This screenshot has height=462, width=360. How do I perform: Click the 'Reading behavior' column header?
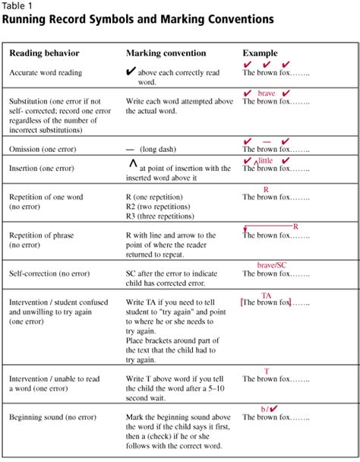point(44,53)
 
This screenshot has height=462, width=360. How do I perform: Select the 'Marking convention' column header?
point(165,53)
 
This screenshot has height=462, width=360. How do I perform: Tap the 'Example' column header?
point(259,53)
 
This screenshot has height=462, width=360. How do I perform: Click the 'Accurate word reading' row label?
point(47,73)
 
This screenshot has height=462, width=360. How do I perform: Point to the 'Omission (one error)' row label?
point(45,149)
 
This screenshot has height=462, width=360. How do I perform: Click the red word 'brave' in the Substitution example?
point(267,93)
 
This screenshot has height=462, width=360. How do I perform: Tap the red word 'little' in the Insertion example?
point(265,161)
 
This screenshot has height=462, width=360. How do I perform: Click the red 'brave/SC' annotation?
point(272,264)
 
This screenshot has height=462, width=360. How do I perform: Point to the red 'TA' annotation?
point(267,296)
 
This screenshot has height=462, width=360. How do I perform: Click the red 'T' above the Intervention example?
point(267,372)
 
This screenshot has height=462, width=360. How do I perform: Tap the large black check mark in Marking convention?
point(131,72)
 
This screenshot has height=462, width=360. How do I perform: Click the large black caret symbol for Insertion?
point(132,163)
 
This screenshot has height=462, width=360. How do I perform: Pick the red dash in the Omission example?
point(267,141)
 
